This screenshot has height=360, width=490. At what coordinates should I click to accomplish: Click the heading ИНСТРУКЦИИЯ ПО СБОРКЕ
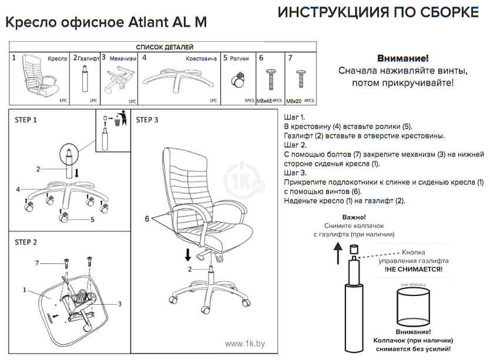(378, 13)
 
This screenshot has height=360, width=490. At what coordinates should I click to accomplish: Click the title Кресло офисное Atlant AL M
(106, 22)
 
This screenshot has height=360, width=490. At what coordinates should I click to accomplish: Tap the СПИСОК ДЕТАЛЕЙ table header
(164, 47)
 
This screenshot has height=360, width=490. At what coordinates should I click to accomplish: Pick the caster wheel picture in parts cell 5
(240, 80)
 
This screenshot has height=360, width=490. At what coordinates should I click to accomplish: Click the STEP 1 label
(26, 120)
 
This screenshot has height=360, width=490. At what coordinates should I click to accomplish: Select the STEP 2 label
(26, 242)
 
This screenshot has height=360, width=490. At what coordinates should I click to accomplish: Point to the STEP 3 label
(147, 120)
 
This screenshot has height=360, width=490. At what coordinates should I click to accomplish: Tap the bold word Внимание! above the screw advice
(402, 58)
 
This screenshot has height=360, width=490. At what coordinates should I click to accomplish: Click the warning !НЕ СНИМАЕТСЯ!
(414, 269)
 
